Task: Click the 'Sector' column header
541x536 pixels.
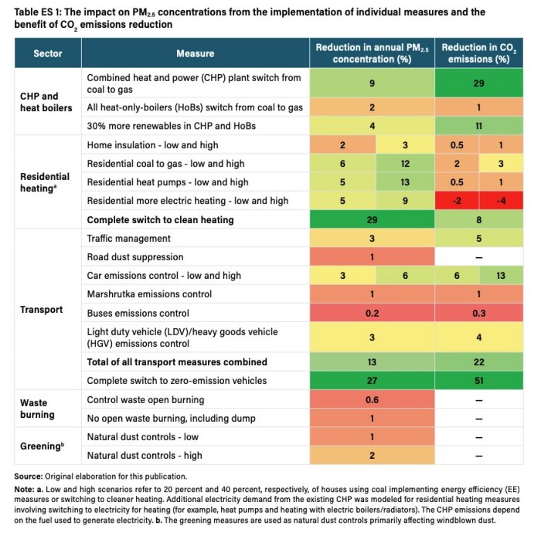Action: [x=47, y=53]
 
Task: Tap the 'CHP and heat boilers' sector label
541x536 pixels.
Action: [x=46, y=102]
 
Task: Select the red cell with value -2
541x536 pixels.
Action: [x=457, y=201]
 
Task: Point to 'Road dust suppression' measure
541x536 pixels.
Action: [x=134, y=257]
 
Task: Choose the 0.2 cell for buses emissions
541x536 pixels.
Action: [x=371, y=313]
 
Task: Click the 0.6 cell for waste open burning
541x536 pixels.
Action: [x=371, y=400]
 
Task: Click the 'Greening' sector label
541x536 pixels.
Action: [x=41, y=446]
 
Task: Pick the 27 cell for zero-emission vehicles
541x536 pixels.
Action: [x=371, y=380]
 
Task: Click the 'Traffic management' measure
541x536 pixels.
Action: [x=128, y=239]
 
